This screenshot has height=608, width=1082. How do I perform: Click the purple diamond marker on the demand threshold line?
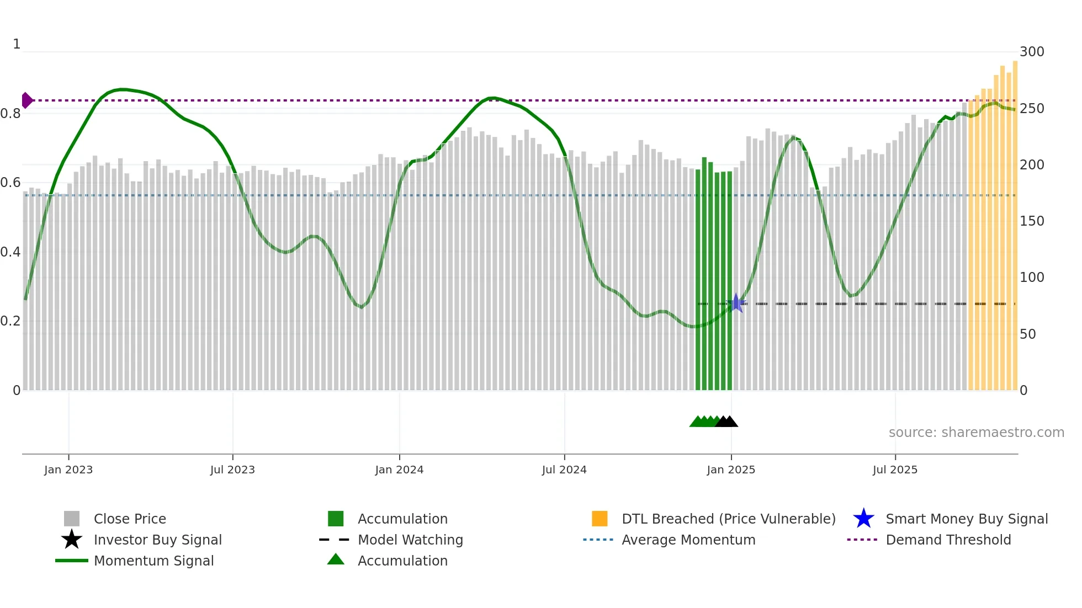[26, 100]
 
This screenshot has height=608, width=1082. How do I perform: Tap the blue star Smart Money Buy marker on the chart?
[736, 303]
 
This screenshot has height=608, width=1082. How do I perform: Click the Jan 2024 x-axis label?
[399, 470]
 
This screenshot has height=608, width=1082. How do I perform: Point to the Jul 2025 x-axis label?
[895, 470]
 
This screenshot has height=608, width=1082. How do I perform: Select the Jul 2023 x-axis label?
[232, 470]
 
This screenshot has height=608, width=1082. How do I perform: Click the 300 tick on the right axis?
[1031, 52]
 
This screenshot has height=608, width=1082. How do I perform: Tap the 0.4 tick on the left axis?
[10, 252]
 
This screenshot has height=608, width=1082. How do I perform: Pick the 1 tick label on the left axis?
[17, 44]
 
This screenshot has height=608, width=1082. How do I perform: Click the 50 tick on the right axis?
[1027, 334]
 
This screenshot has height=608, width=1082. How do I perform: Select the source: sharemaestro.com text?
[976, 433]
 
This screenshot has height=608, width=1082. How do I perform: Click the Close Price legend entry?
[129, 519]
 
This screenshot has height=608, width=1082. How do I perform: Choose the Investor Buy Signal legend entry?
[157, 540]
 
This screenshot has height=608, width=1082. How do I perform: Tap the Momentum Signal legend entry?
[153, 561]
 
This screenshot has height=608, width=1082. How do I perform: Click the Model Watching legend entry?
[410, 540]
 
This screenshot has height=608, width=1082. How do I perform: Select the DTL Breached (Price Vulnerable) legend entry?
[728, 519]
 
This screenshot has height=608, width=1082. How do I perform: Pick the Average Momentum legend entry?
[688, 540]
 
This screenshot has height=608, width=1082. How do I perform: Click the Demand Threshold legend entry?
[948, 540]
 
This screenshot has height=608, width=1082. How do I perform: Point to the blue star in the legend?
[863, 519]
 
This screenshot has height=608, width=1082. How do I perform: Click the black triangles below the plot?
[726, 422]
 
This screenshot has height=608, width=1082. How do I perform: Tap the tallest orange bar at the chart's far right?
[1015, 221]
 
